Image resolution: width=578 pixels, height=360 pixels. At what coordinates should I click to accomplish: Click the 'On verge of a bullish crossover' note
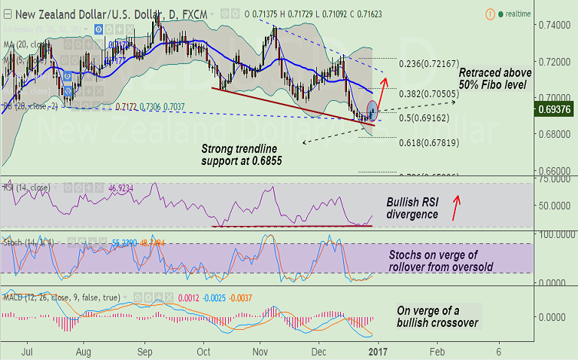[x=436, y=316]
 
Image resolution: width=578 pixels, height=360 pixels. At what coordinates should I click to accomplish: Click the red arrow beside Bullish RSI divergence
[x=455, y=208]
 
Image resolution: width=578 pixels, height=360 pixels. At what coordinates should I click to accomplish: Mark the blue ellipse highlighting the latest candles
[x=372, y=110]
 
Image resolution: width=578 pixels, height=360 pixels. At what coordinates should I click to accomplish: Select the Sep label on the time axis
[x=145, y=351]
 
